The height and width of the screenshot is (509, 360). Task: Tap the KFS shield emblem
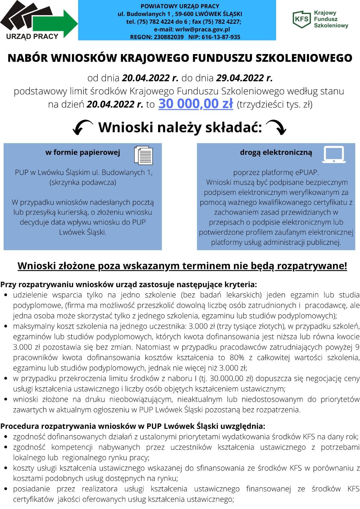click(301, 18)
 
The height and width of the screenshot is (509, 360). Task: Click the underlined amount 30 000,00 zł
click(195, 104)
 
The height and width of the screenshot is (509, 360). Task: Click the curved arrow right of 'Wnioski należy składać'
click(276, 127)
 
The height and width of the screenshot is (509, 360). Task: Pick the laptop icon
click(334, 154)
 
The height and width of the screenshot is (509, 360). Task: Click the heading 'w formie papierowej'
click(82, 152)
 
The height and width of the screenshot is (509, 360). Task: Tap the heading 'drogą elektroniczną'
click(276, 152)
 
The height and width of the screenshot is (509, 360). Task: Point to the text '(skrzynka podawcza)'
click(82, 182)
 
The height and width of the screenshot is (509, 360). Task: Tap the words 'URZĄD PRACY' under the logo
click(32, 36)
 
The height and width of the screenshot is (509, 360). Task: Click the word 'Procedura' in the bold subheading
click(20, 426)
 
